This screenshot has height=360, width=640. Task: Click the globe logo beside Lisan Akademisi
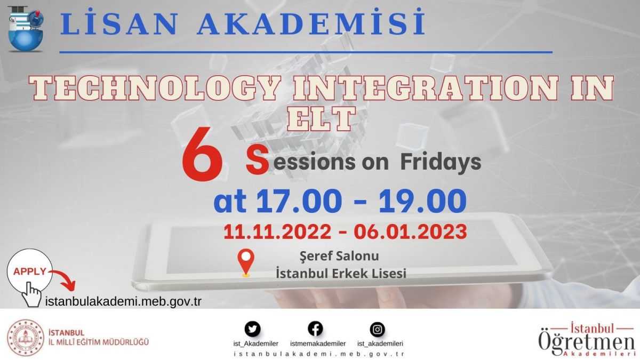[x=26, y=29]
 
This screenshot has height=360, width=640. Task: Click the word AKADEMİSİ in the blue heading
[x=311, y=22]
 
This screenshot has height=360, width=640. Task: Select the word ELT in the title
[x=322, y=119]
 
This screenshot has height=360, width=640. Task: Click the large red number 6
[x=202, y=154]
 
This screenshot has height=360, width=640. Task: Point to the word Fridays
[x=441, y=162]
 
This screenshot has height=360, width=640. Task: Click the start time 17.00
[x=299, y=201]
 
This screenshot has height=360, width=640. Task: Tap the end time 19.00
[x=422, y=201]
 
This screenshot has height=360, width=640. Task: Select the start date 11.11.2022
[x=277, y=231]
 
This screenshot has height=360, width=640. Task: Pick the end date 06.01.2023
[x=411, y=231]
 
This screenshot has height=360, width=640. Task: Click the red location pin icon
[x=246, y=262]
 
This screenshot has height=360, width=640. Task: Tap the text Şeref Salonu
[x=339, y=256]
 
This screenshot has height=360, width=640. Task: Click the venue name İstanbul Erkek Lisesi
[x=341, y=274]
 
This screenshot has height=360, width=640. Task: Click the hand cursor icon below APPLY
[x=31, y=294]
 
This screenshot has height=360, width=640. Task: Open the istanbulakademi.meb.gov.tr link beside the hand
[x=123, y=302]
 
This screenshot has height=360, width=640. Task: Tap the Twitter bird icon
[x=253, y=329]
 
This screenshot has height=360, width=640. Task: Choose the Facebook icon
[x=315, y=329]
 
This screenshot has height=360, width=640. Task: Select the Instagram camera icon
[x=378, y=330]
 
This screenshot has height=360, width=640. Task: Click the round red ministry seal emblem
[x=26, y=338]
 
